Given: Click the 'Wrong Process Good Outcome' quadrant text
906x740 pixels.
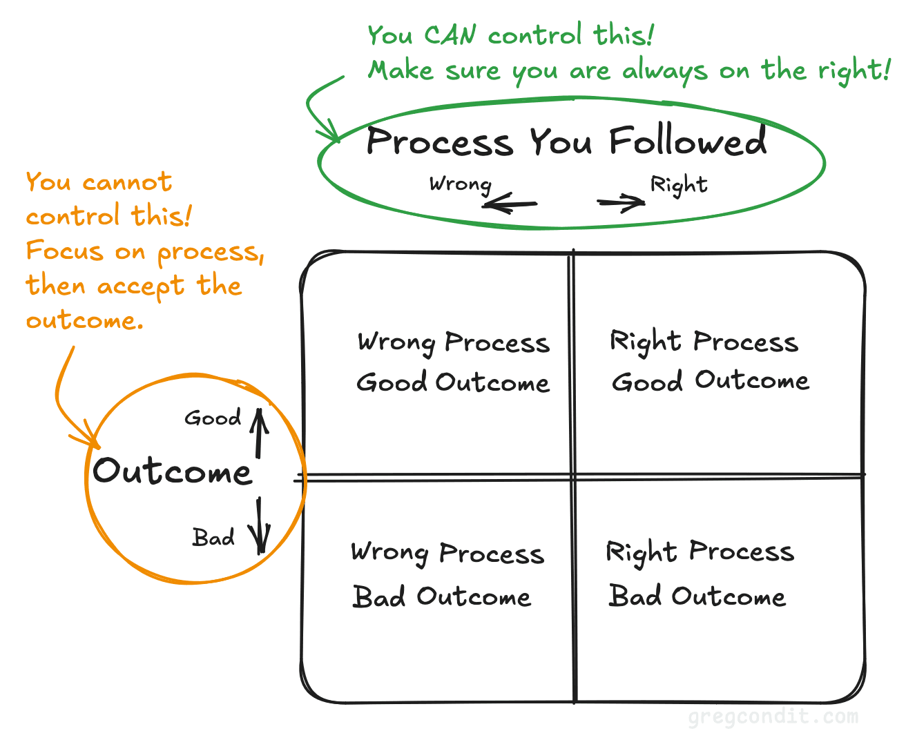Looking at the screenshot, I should pos(453,362).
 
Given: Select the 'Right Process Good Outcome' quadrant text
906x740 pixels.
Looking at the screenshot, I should pos(709,361).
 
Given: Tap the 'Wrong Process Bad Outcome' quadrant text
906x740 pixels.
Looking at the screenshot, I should pos(447,574).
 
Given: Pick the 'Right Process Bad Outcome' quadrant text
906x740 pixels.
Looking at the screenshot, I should pos(699,573).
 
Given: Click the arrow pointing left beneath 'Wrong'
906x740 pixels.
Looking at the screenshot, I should pos(510,204).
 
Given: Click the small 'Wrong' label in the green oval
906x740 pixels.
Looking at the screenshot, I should pos(460,184).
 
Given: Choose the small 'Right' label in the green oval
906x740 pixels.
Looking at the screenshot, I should pos(679,185).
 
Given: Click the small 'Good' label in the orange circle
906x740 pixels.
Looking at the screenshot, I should pos(213,418).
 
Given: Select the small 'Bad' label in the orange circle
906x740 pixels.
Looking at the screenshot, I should pos(213,537).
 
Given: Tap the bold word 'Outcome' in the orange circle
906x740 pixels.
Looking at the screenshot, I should pos(173,471).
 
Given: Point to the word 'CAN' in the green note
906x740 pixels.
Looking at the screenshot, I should pos(450,35).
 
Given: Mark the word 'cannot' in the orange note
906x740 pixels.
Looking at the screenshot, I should pos(126,182).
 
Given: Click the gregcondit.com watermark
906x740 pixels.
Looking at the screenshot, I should pos(773,717).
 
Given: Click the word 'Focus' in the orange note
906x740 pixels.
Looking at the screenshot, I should pos(65,250).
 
